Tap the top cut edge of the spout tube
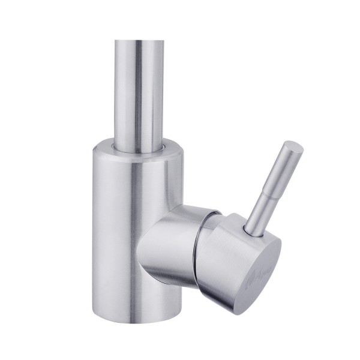(138, 41)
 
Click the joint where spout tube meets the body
(138, 146)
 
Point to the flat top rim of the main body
(174, 150)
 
